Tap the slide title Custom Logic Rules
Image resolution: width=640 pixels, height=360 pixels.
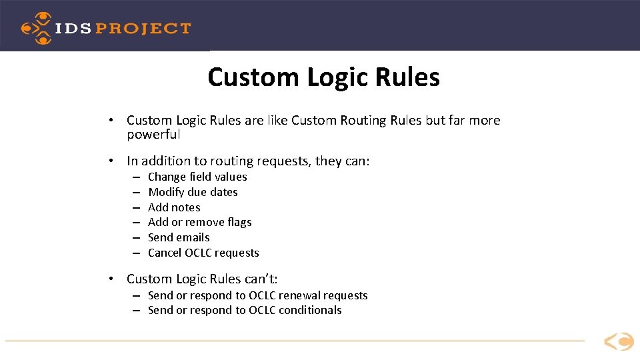click(323, 77)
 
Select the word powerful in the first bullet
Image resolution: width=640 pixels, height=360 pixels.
click(153, 135)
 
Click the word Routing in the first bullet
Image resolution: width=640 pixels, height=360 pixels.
click(364, 121)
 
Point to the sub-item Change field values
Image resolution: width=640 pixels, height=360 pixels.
click(197, 177)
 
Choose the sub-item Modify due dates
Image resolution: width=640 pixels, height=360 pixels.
click(193, 192)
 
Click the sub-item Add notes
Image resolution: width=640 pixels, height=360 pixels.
click(174, 207)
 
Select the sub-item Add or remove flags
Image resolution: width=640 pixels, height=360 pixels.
click(199, 222)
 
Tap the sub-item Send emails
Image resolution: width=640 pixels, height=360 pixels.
click(179, 237)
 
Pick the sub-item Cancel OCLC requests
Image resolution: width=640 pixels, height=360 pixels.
click(203, 253)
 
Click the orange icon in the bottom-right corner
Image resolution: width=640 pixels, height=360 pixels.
click(619, 342)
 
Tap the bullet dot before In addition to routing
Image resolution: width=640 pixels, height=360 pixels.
click(115, 161)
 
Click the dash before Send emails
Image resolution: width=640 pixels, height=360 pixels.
click(135, 238)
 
